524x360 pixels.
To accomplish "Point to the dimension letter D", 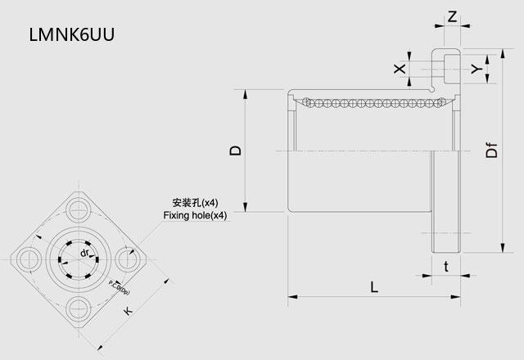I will pyautogui.click(x=235, y=150).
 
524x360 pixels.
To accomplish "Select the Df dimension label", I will pyautogui.click(x=491, y=151).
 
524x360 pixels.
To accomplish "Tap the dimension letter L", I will pyautogui.click(x=373, y=287).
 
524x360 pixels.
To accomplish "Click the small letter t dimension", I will pyautogui.click(x=445, y=266).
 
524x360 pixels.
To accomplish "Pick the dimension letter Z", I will pyautogui.click(x=453, y=16).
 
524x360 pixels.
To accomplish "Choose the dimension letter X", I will pyautogui.click(x=399, y=69).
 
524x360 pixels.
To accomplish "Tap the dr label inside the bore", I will pyautogui.click(x=84, y=254).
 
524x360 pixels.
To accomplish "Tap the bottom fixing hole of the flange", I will pyautogui.click(x=79, y=308).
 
